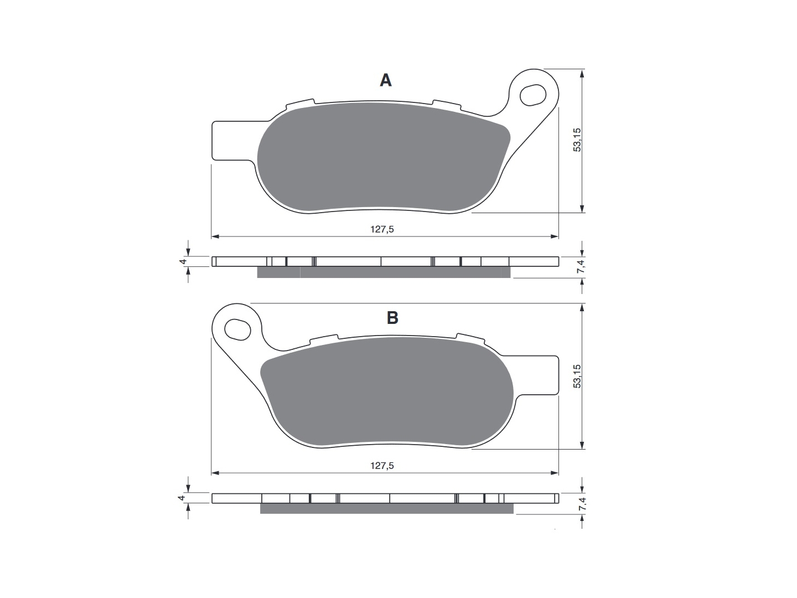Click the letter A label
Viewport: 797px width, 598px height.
point(385,80)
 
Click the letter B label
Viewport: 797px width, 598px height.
point(392,317)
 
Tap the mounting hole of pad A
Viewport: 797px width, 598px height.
point(532,95)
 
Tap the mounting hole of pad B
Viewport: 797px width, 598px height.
point(237,329)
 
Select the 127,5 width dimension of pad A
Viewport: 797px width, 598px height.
point(382,229)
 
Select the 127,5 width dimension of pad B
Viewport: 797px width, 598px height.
point(382,466)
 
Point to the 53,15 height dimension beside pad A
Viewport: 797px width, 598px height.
point(577,140)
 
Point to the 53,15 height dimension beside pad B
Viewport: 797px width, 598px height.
point(577,376)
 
